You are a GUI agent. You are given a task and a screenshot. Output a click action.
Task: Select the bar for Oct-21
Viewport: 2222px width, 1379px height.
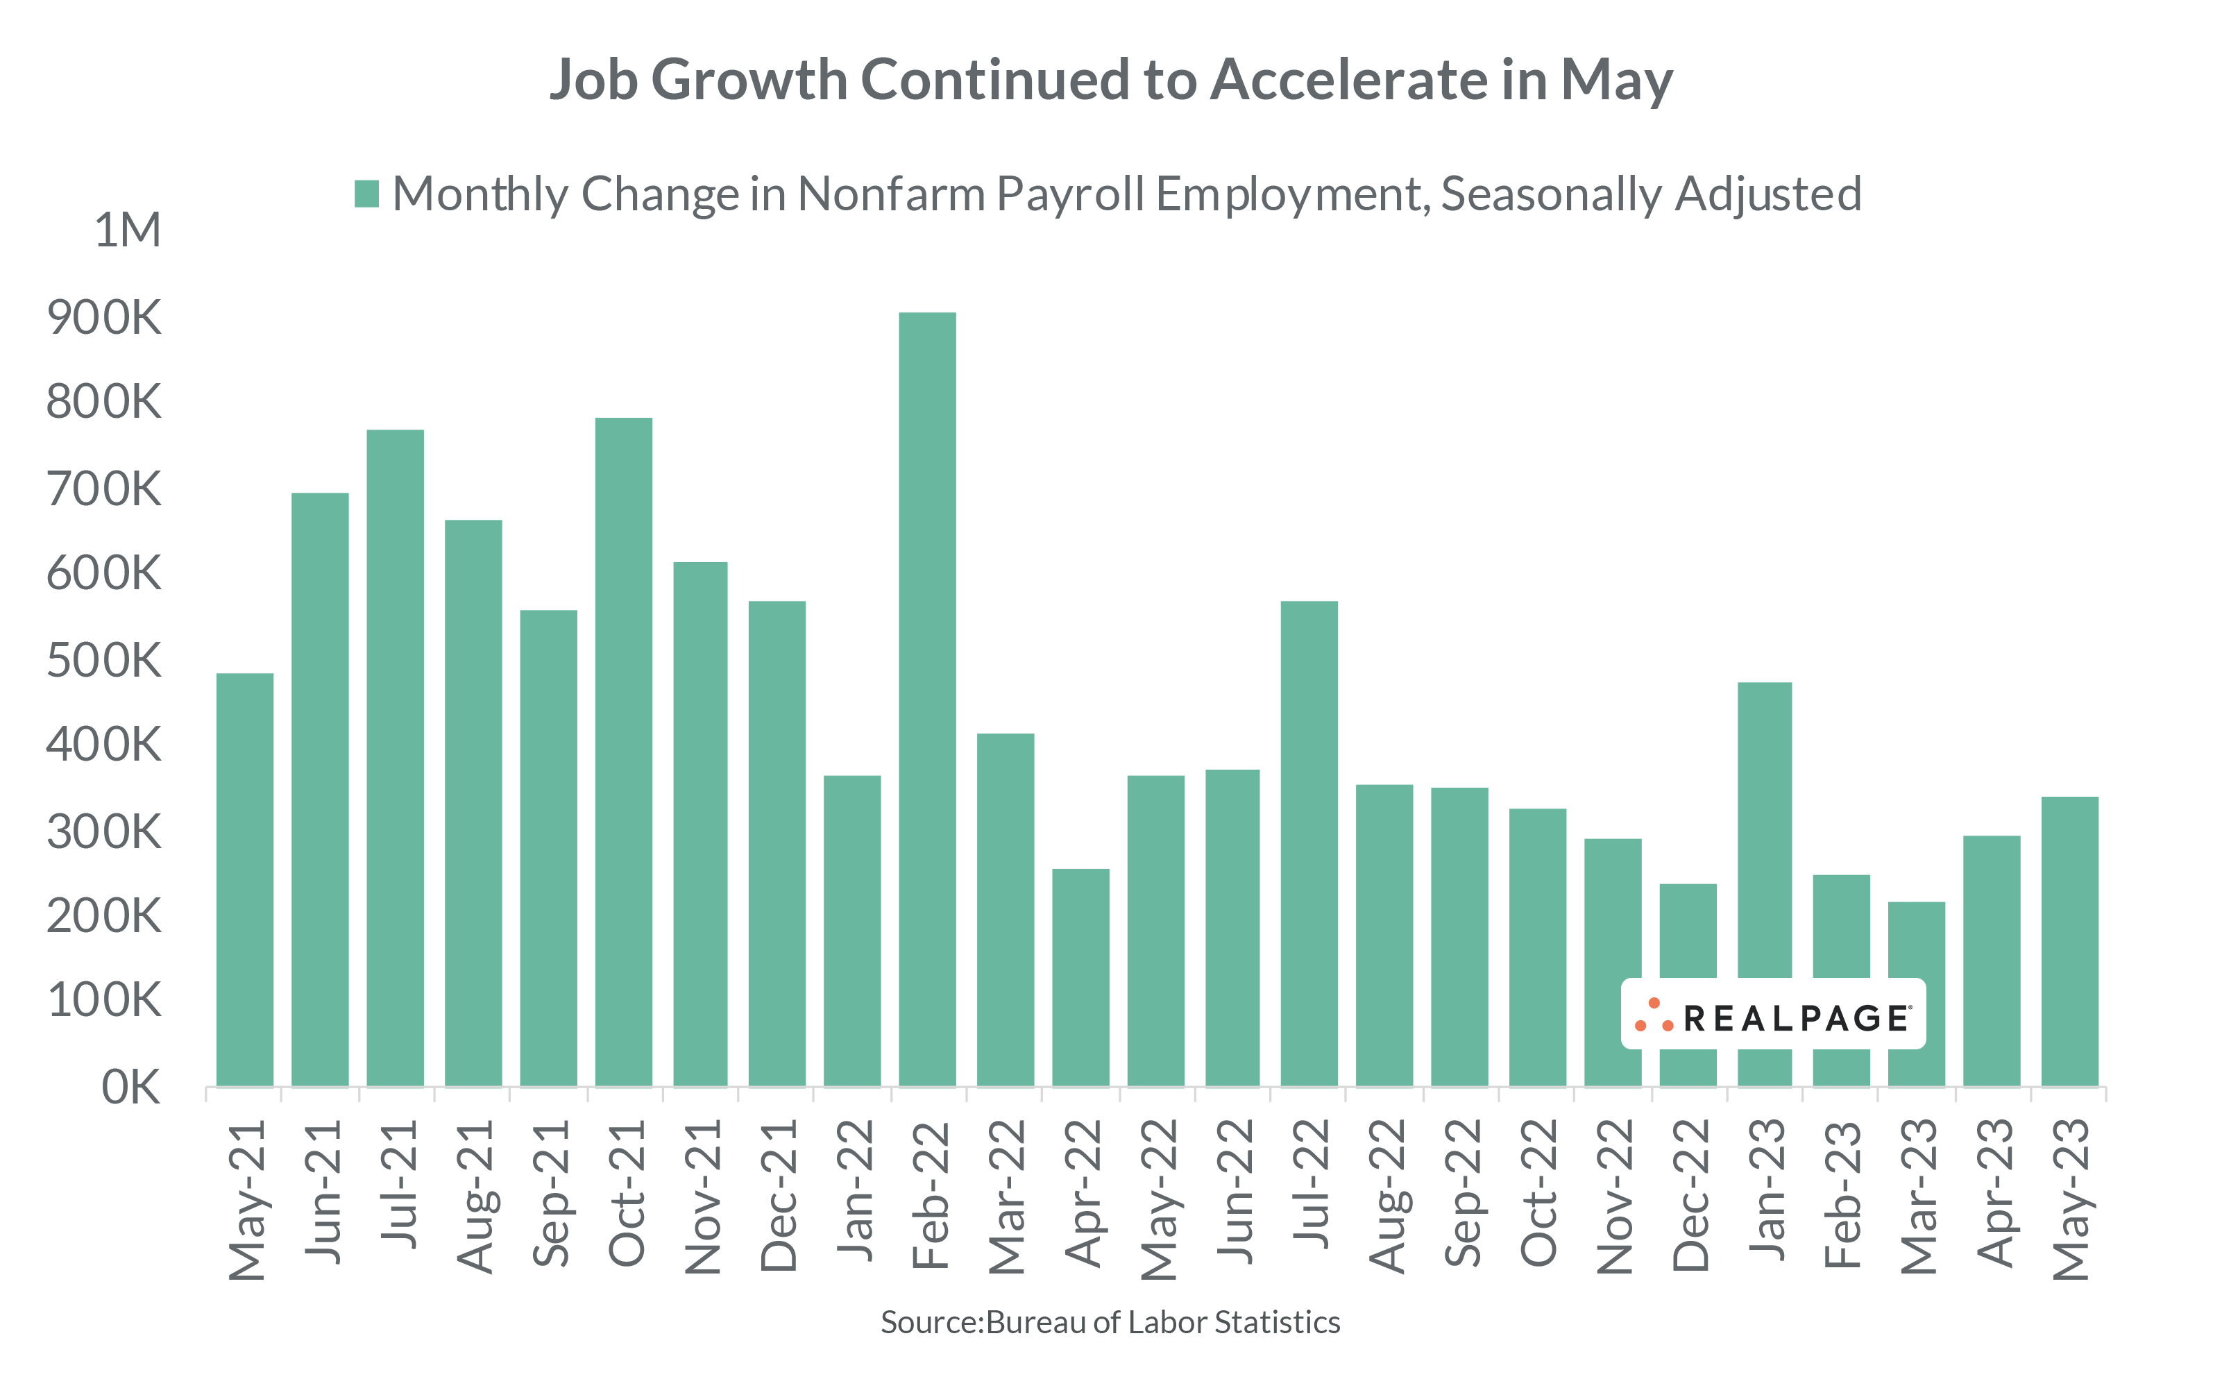point(624,752)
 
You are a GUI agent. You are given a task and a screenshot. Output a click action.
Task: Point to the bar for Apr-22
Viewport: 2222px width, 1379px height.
point(1080,976)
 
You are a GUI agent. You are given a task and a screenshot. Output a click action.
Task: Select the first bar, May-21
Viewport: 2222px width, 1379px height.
point(244,879)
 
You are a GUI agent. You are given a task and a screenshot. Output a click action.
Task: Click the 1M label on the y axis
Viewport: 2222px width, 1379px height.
point(128,230)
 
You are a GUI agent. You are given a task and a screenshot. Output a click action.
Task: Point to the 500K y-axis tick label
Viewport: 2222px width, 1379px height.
point(104,659)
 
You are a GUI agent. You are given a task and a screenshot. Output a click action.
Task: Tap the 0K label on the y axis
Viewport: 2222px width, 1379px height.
point(130,1087)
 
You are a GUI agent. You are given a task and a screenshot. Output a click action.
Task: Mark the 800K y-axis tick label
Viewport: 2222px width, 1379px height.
point(104,401)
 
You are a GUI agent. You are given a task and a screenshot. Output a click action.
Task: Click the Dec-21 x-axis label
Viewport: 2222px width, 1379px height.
point(778,1196)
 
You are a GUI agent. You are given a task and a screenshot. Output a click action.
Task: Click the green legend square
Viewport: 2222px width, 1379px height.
point(366,194)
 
